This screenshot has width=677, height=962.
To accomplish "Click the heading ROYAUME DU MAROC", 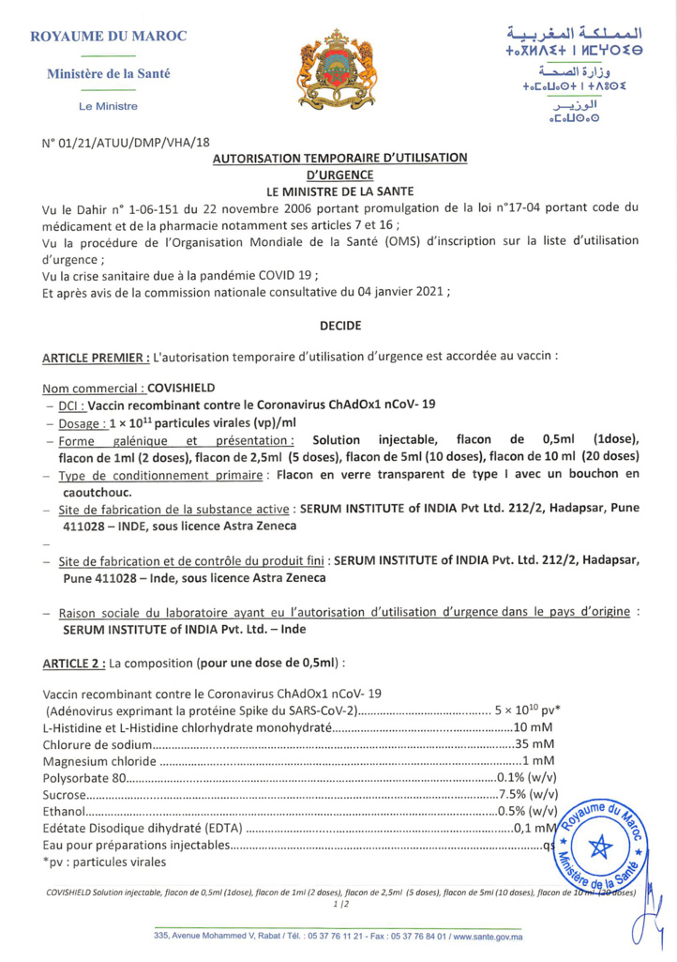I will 109,36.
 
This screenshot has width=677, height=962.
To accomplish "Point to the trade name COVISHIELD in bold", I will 182,388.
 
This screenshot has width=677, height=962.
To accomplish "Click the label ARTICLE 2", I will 73,662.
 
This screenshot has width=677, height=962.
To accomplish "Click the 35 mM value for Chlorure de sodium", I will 535,742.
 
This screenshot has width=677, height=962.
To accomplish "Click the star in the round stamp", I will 596,846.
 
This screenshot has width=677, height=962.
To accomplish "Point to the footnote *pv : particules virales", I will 104,861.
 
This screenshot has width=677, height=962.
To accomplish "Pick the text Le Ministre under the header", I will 109,107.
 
